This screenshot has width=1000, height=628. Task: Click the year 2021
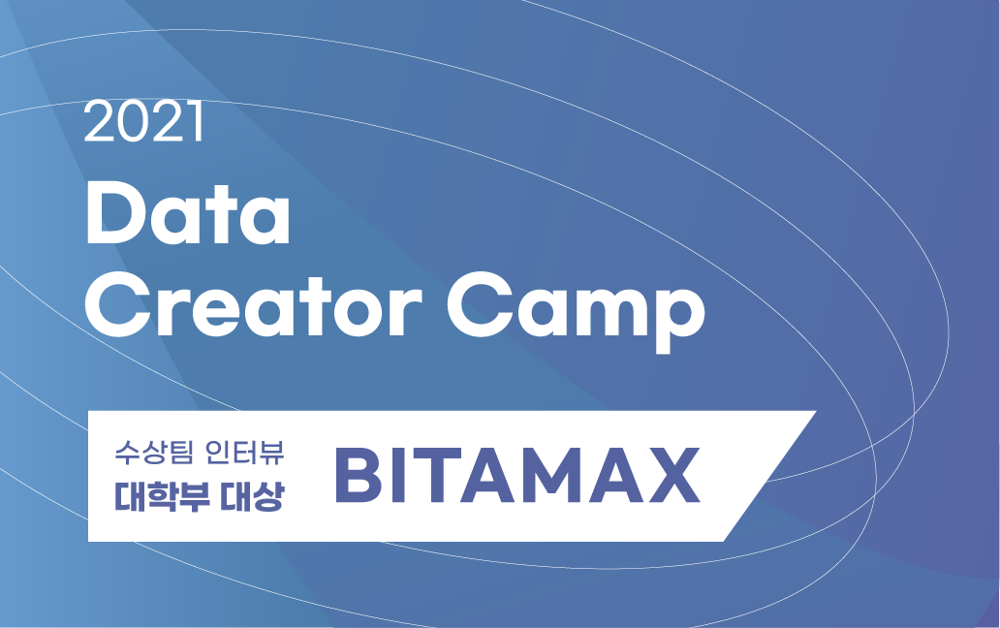[x=143, y=121]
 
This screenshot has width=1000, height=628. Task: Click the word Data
[x=188, y=213]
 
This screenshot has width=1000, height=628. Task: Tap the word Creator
[x=254, y=304]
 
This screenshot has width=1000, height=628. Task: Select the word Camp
[x=576, y=311]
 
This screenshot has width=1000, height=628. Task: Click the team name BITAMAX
[x=517, y=475]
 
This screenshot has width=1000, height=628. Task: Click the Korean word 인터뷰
[x=245, y=452]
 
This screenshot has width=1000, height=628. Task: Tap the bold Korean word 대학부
[x=162, y=496]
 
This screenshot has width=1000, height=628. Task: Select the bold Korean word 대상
[x=252, y=496]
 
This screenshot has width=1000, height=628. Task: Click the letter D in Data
[x=115, y=213]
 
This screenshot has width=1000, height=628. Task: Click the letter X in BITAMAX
[x=673, y=475]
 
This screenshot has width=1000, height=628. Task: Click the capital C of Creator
[x=115, y=305]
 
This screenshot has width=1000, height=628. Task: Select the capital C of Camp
[x=477, y=305]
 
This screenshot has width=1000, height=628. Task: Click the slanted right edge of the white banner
[x=769, y=476]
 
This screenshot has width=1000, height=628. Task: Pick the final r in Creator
[x=408, y=312]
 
